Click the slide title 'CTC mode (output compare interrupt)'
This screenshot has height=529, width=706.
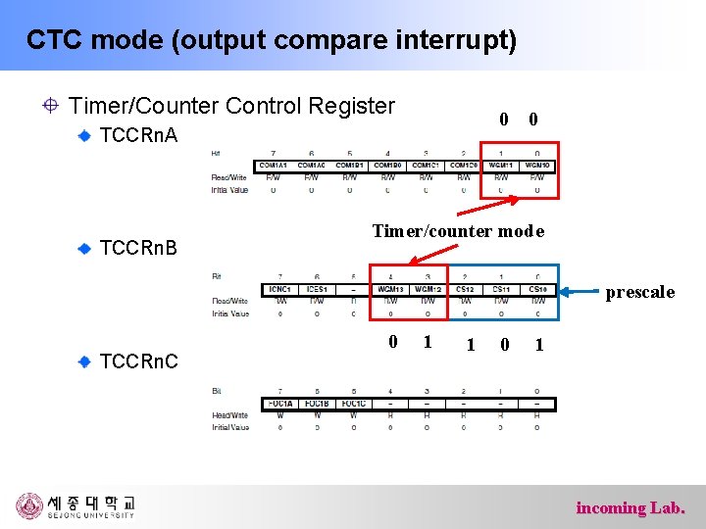pos(271,40)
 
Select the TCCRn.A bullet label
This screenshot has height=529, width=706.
pos(139,135)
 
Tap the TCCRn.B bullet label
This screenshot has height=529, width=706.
pos(139,248)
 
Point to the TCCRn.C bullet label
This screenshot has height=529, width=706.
pos(139,361)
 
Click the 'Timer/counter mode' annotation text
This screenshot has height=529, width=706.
pos(458,231)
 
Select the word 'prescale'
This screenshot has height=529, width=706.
pos(640,292)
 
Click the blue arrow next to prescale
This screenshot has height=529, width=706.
pos(580,291)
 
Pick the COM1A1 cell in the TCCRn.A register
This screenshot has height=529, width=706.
pos(273,166)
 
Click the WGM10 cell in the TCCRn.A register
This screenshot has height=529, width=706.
pos(537,166)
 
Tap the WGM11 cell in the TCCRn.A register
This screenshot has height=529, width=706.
pos(500,166)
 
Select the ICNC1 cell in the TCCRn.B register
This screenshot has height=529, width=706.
pos(279,289)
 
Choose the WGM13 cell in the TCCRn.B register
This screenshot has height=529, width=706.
pos(389,289)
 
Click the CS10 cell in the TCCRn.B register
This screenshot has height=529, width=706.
pos(537,289)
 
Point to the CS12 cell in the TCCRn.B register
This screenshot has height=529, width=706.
pos(464,289)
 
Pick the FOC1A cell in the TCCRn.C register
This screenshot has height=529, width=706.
pos(279,404)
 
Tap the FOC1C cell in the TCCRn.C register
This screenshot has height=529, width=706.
pos(352,404)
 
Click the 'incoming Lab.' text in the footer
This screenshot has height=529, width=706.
pos(630,507)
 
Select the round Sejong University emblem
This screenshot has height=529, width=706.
pos(30,505)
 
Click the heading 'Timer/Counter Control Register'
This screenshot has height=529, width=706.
pos(232,106)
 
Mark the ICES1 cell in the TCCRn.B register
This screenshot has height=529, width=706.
pos(316,289)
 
